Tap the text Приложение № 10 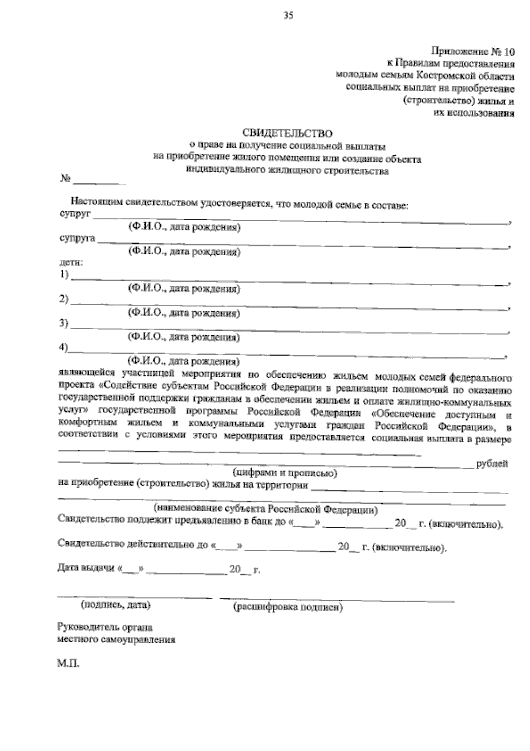click(472, 51)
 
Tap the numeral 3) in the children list click(64, 324)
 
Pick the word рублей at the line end click(492, 464)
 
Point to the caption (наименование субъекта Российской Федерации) click(265, 509)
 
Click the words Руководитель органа click(105, 627)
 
